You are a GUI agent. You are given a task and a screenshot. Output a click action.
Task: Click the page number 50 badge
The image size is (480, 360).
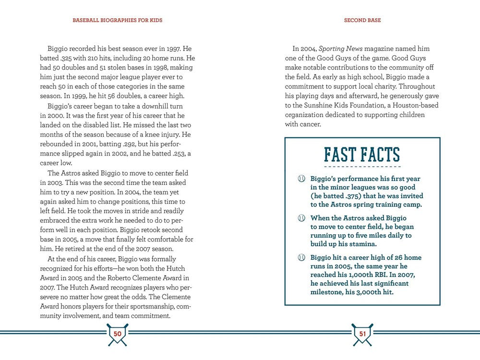point(118,333)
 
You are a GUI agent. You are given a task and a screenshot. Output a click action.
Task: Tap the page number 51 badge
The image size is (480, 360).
point(362,333)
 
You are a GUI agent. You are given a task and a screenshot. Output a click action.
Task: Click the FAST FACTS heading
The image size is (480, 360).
point(362,155)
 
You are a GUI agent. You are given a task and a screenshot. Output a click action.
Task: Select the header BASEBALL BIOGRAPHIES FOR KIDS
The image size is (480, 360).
point(118,21)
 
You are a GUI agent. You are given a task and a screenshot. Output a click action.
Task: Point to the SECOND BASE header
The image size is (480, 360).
point(362,21)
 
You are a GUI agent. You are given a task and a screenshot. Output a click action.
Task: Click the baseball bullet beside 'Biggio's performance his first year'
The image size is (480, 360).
point(302,179)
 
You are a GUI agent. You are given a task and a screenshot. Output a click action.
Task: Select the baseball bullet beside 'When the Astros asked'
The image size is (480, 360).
point(302,218)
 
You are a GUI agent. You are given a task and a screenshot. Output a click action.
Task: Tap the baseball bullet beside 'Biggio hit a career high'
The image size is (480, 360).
point(302,258)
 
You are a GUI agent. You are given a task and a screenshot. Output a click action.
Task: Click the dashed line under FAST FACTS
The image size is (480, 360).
point(362,167)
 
